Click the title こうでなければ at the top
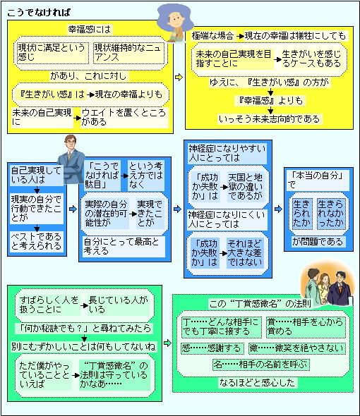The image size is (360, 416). coord(39,13)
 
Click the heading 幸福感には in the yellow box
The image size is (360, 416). coord(89,29)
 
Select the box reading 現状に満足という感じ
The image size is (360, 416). coord(52,53)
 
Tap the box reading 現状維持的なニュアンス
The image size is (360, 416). coord(128,53)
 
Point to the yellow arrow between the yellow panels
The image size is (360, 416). coord(179,77)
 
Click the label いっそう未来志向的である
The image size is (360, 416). coord(269,119)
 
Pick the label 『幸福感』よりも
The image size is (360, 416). coord(270,101)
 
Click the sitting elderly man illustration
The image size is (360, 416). coord(175,24)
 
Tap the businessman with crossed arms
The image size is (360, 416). coord(71,160)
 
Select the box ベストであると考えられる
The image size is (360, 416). coord(37,241)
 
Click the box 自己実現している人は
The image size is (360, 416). coord(37,175)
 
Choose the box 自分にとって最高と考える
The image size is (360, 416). coord(124,246)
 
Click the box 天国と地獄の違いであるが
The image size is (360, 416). coord(246,187)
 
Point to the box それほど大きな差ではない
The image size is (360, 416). coord(245,253)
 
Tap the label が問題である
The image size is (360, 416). coord(318,242)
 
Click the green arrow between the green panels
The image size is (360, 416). coord(167,343)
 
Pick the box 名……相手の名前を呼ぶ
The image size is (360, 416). coord(261,365)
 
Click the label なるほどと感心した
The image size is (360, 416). coord(257,383)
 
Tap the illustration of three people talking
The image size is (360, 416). coord(328,284)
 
